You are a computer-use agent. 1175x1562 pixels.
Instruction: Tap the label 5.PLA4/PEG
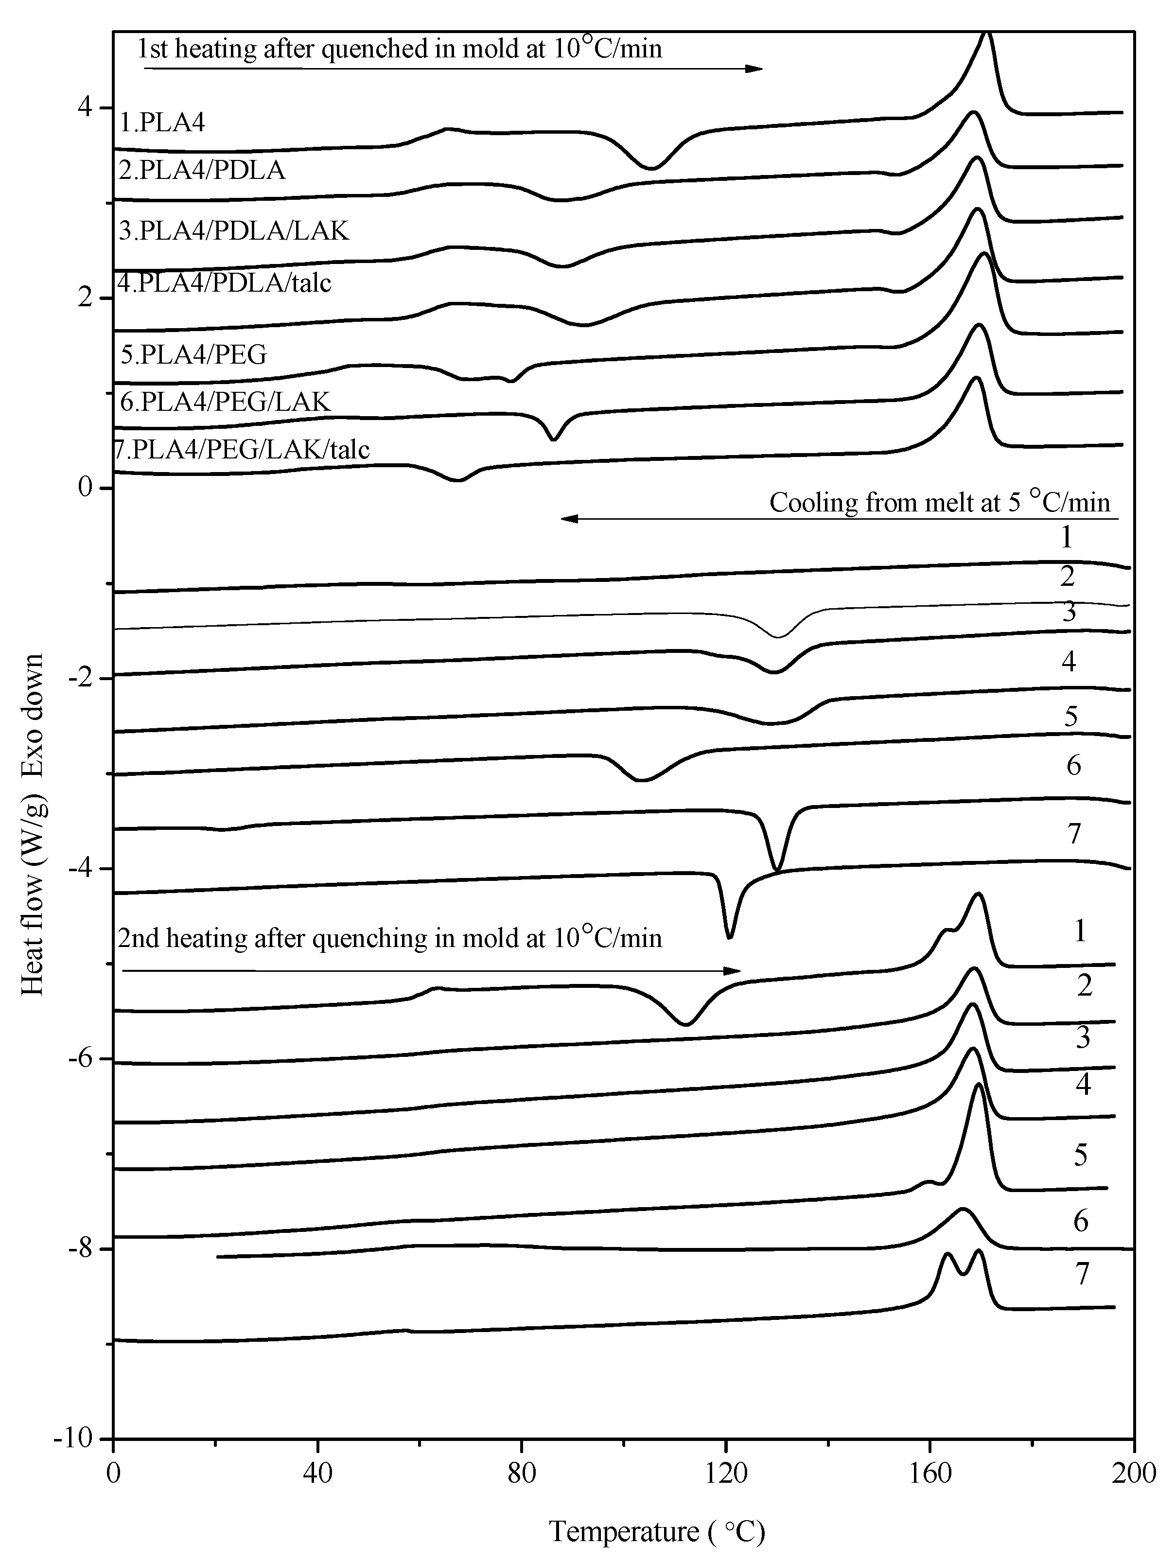click(x=193, y=354)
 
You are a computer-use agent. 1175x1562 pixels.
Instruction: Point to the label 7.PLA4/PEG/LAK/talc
click(x=242, y=449)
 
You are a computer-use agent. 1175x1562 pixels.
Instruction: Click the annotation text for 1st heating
click(x=400, y=48)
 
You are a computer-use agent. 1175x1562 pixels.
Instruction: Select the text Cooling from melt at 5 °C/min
click(x=939, y=502)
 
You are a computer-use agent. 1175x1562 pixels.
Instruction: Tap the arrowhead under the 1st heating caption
click(x=755, y=69)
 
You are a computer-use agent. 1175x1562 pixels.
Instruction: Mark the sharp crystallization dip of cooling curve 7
click(x=729, y=936)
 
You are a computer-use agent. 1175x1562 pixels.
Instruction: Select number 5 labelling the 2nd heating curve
click(x=1080, y=1156)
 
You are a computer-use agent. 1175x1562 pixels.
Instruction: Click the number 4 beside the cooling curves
click(x=1069, y=662)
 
